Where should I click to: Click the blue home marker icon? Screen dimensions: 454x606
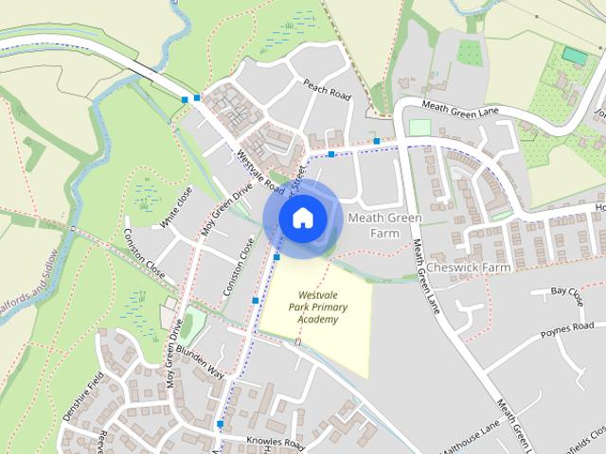click(302, 218)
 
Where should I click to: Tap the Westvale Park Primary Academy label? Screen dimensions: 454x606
click(316, 307)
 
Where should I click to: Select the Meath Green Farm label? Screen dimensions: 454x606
click(383, 225)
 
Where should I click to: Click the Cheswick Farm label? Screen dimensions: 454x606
click(468, 268)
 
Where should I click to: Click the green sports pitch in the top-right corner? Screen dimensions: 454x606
click(573, 55)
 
